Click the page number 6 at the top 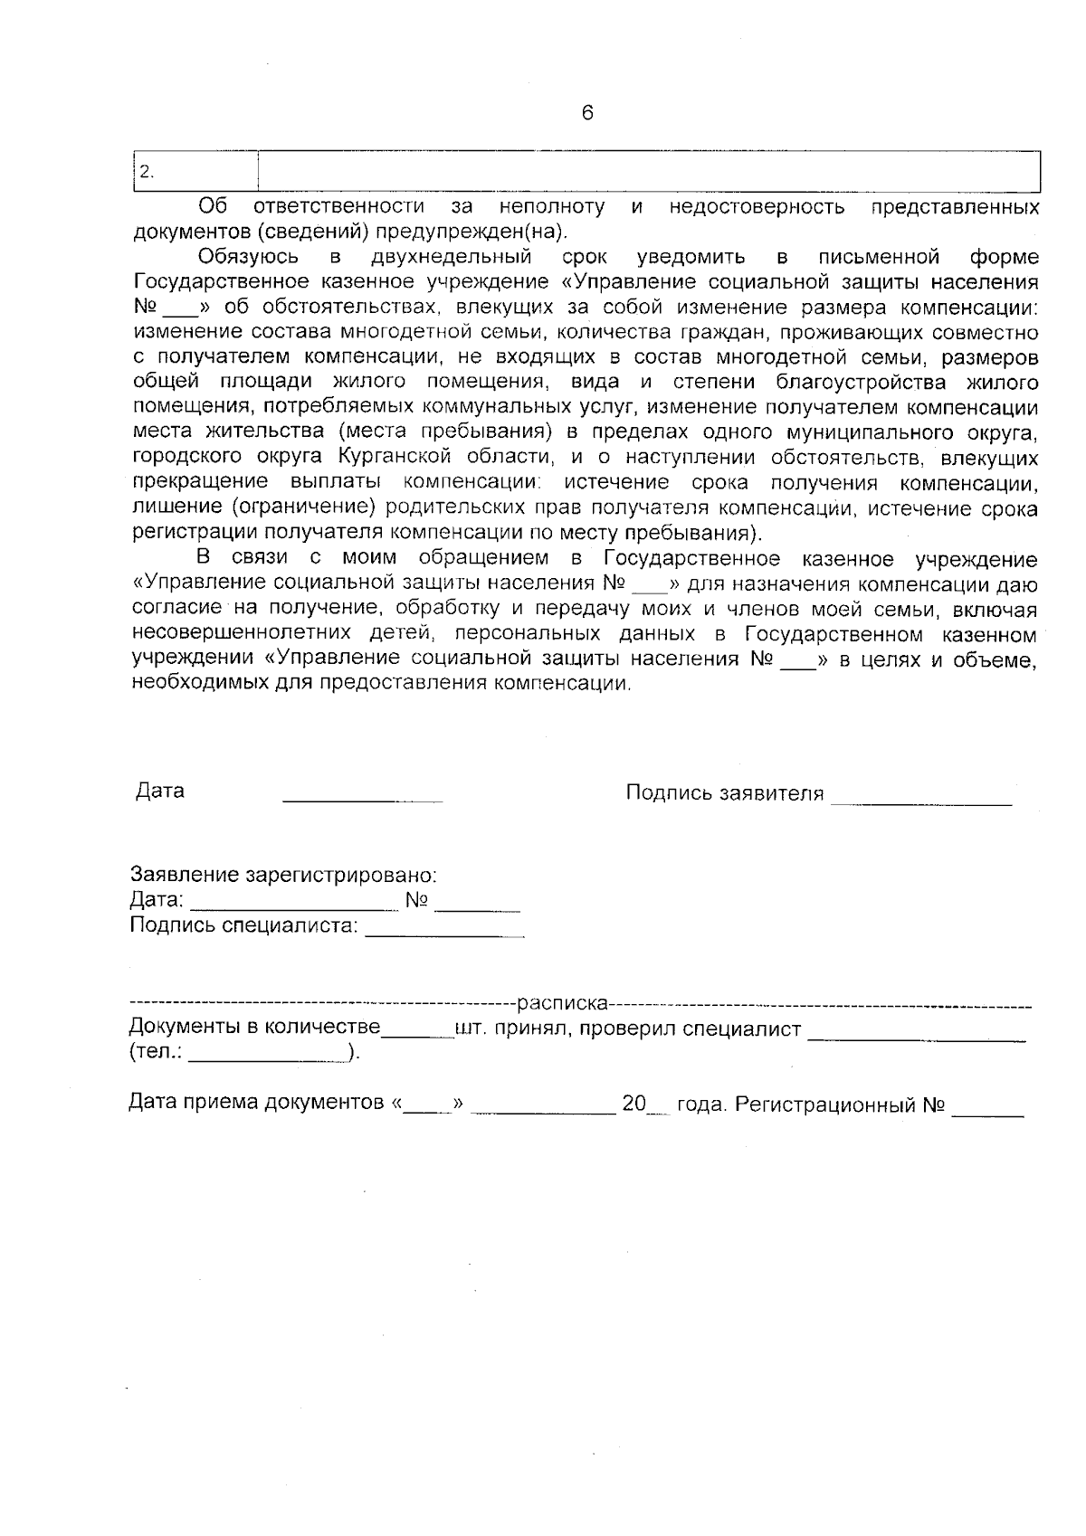point(587,113)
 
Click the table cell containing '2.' point(195,172)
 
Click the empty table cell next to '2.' point(648,172)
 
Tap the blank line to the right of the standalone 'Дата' point(362,799)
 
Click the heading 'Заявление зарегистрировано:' point(284,876)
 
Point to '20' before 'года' point(633,1105)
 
